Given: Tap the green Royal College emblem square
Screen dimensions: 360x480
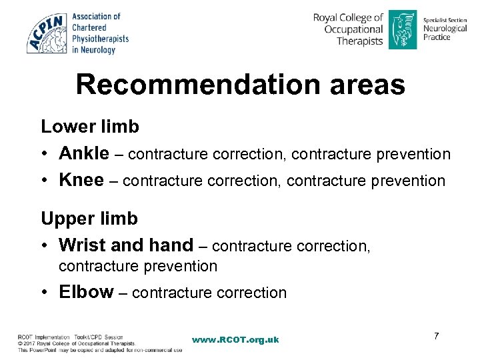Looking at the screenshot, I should [402, 29].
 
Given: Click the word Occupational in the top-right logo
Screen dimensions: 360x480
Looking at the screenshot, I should [353, 29].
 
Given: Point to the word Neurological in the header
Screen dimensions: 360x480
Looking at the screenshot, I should [446, 29].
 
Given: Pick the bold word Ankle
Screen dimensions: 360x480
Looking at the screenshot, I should [84, 154].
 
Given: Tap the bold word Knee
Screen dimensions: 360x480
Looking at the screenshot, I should [81, 181].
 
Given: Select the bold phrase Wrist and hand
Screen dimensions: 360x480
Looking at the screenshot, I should [126, 245].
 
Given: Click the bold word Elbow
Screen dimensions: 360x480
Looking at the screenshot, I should [86, 292].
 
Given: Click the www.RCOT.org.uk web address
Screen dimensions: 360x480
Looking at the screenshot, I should [235, 339].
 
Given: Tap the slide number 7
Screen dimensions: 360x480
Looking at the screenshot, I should [436, 335].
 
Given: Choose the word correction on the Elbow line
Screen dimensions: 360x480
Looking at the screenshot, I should [249, 293].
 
